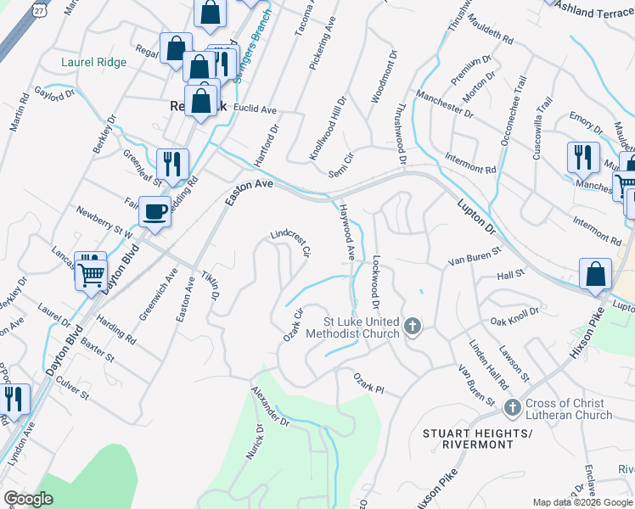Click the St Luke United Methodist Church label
[362, 327]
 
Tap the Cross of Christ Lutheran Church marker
[512, 408]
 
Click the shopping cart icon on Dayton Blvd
[91, 272]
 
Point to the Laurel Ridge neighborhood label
[93, 62]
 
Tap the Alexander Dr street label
[270, 406]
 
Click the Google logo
[28, 499]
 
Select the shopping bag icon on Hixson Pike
[596, 274]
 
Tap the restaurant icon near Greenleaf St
[172, 163]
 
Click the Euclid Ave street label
[256, 109]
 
